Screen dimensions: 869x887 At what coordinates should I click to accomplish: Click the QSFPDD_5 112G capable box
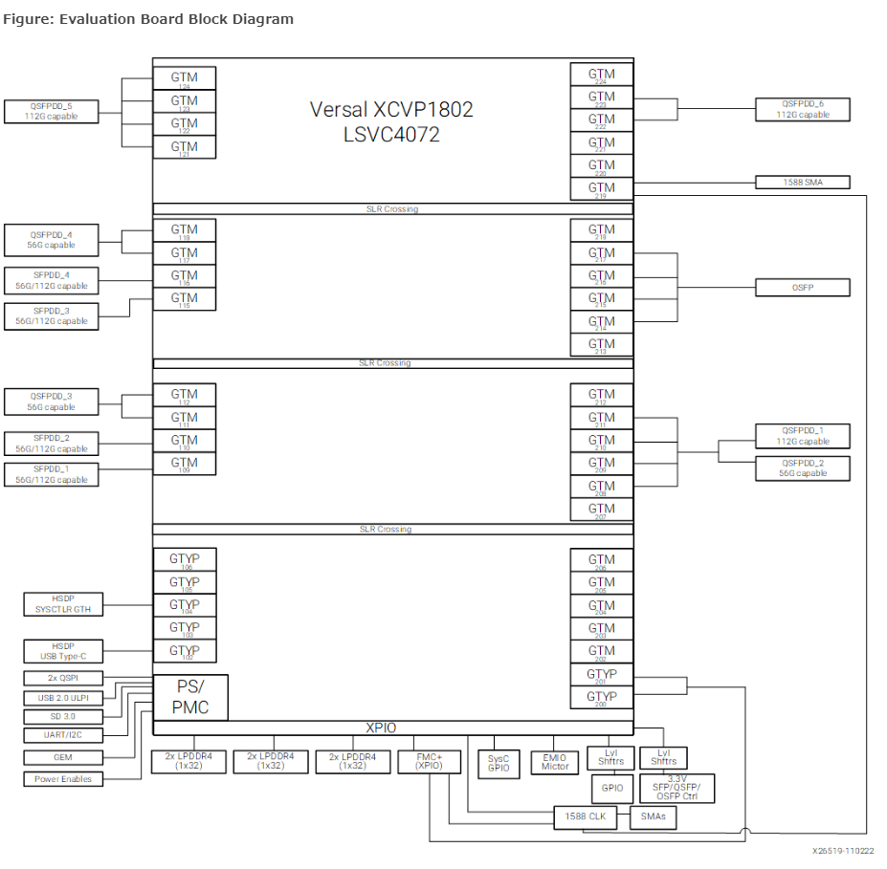[52, 111]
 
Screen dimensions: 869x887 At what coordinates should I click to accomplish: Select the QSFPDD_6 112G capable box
[802, 109]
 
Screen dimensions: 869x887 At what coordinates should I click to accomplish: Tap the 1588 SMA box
[802, 182]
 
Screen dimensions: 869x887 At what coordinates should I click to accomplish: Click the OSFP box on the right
[802, 287]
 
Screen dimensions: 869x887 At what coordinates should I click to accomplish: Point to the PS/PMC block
[191, 697]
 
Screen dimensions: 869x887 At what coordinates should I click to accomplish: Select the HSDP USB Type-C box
[64, 651]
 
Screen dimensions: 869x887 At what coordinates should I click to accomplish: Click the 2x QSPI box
[63, 678]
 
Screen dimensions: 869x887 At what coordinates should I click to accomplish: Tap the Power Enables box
[63, 779]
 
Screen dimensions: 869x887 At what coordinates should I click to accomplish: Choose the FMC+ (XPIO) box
[435, 761]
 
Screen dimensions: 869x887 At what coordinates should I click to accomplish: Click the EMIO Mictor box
[555, 761]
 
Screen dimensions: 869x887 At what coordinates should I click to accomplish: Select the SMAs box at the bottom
[654, 817]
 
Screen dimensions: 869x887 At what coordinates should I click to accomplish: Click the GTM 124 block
[184, 77]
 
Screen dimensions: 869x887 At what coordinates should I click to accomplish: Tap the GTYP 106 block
[184, 559]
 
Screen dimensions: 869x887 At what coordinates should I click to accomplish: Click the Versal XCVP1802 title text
[391, 110]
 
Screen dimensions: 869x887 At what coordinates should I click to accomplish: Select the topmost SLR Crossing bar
[392, 208]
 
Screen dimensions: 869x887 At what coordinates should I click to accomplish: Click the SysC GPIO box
[498, 761]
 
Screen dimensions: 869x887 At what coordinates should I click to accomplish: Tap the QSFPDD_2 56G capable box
[802, 468]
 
